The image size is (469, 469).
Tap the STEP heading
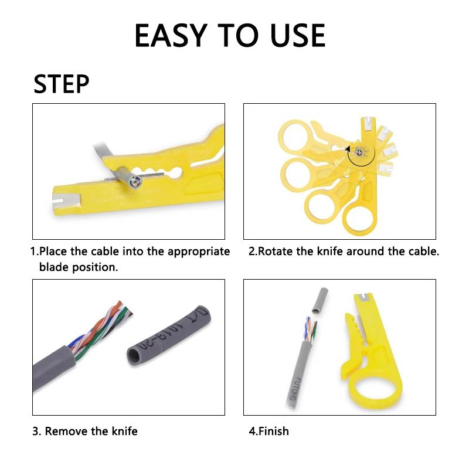pos(62,84)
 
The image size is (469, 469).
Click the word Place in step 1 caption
pos(54,252)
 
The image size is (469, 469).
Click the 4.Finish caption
pos(269,431)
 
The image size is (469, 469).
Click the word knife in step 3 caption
pos(125,431)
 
